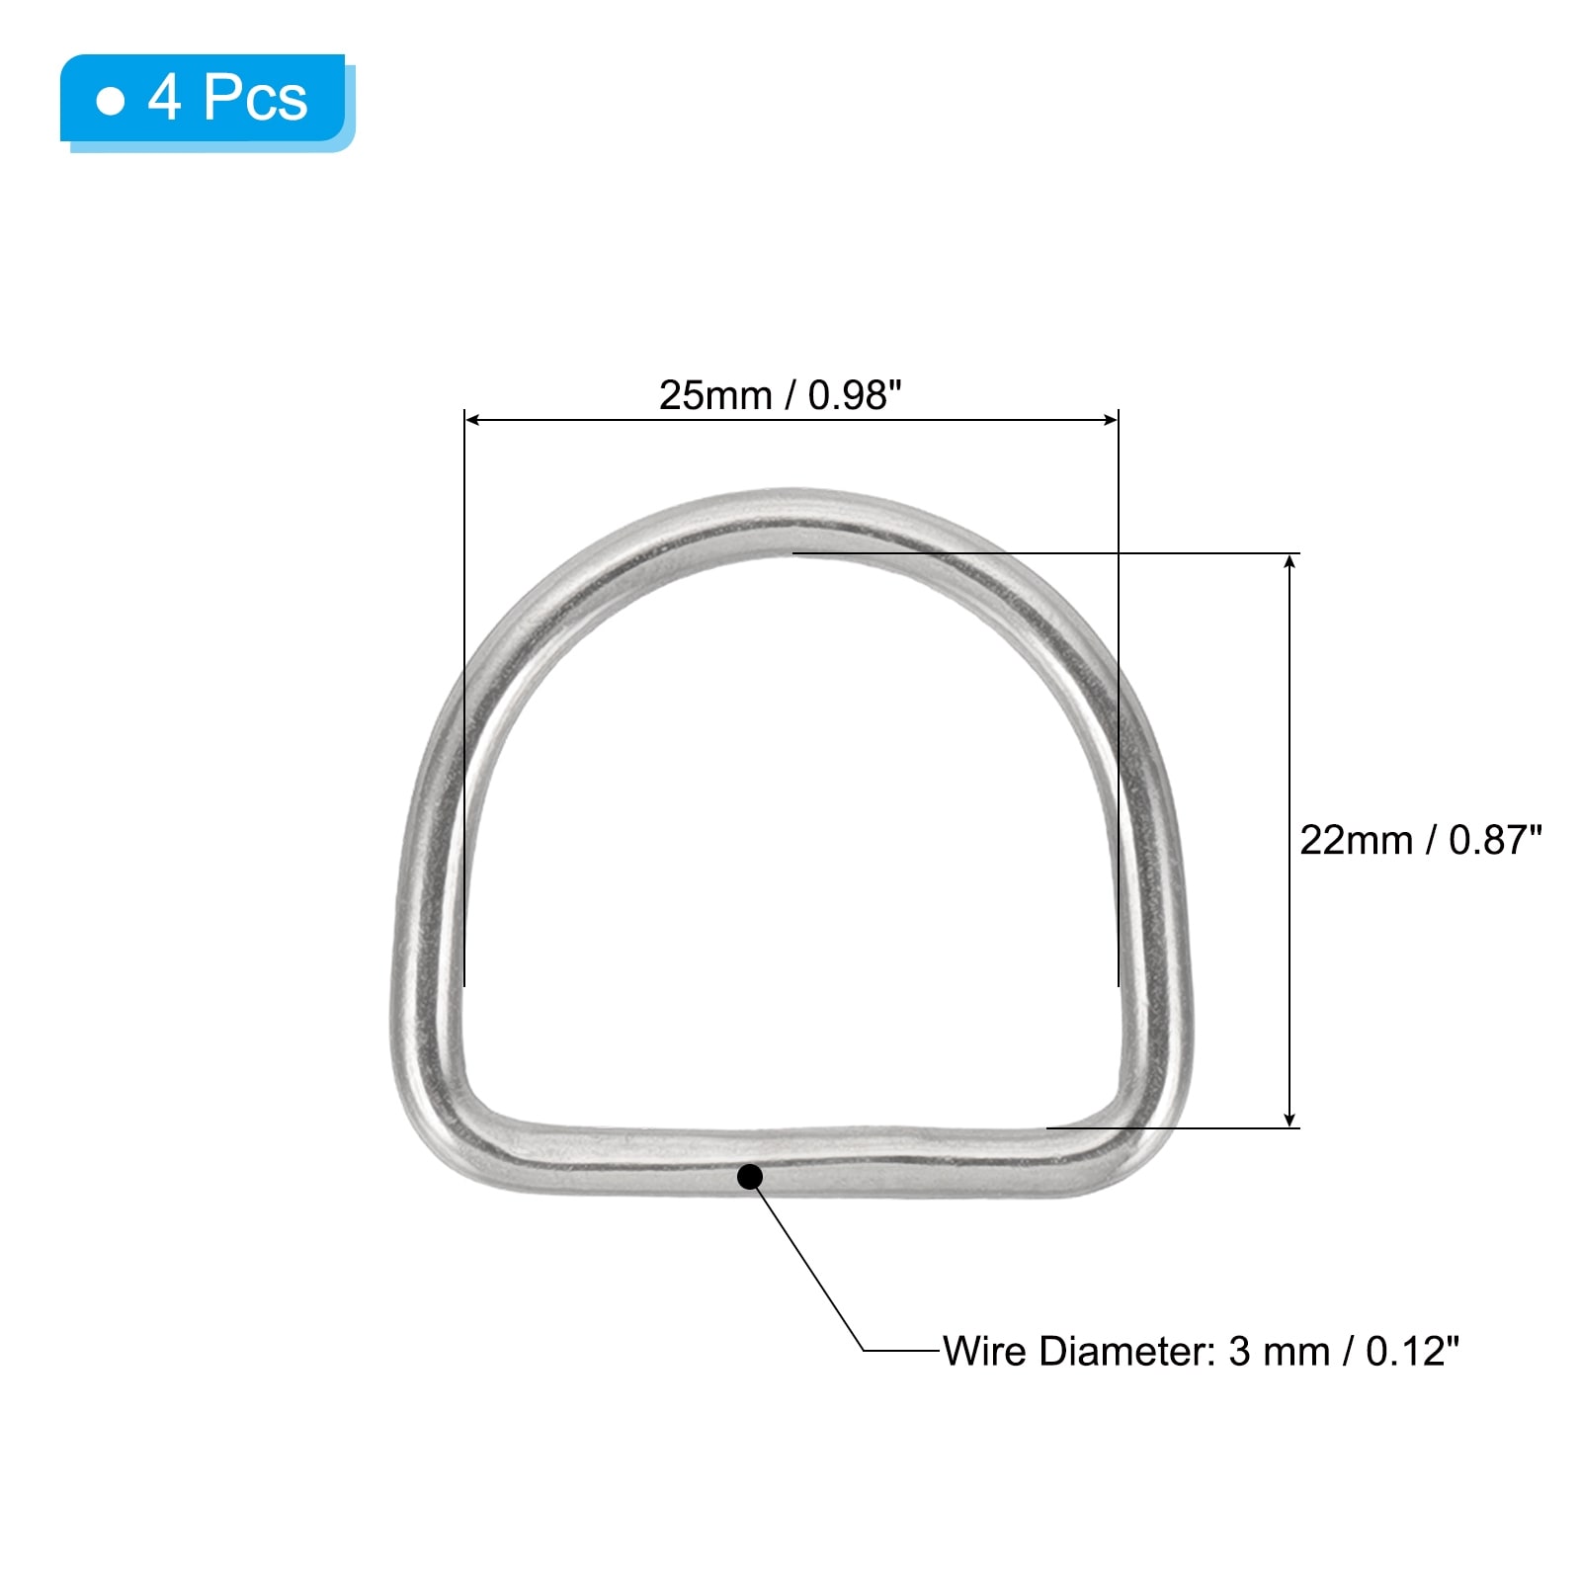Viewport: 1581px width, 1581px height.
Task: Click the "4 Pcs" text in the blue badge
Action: point(227,98)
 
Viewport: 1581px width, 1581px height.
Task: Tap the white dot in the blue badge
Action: point(111,101)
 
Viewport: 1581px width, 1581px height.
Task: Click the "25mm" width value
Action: point(714,395)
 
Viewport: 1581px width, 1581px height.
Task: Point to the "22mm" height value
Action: point(1356,840)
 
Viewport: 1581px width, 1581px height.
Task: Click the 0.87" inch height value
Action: point(1495,840)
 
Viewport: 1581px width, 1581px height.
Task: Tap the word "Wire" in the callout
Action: point(985,1351)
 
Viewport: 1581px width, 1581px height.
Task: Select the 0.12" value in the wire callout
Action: point(1412,1351)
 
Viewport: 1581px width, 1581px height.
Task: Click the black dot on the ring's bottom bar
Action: point(750,1177)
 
